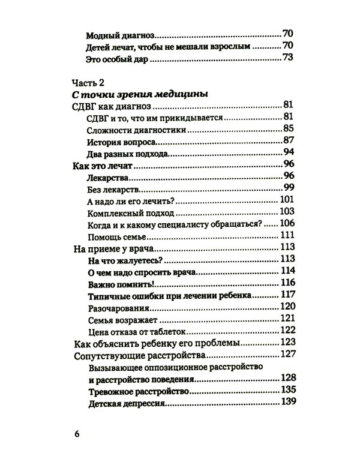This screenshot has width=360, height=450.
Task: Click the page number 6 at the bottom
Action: pyautogui.click(x=76, y=432)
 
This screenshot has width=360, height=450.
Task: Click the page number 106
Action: pyautogui.click(x=284, y=224)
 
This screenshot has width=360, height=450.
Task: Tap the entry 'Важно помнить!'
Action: pyautogui.click(x=113, y=283)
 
